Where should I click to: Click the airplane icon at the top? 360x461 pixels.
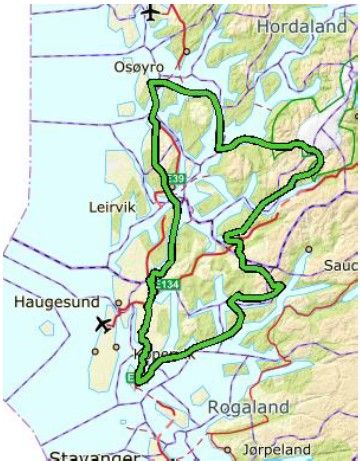coord(150,12)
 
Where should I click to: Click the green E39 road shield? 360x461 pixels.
coord(178,178)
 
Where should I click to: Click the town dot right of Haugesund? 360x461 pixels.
coord(118,301)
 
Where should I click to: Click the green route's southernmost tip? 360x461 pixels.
coord(140,380)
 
